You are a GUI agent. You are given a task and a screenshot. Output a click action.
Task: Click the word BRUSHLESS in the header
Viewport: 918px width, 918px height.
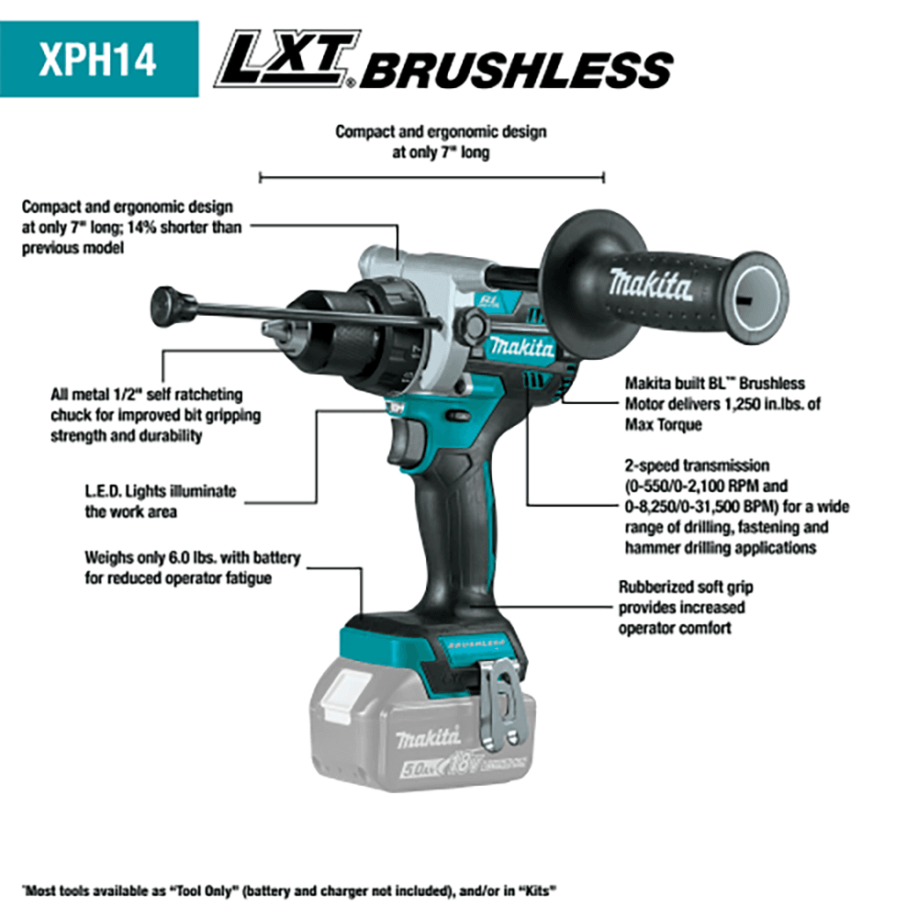click(515, 70)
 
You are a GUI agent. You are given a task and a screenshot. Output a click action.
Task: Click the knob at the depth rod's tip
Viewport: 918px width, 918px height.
click(166, 302)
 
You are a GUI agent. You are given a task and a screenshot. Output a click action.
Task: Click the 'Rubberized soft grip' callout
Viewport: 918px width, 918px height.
click(686, 588)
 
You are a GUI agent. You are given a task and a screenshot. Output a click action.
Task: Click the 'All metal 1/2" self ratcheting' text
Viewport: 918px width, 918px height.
click(146, 395)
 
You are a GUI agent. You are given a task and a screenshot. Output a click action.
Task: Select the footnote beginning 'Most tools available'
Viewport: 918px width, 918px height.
click(289, 890)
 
